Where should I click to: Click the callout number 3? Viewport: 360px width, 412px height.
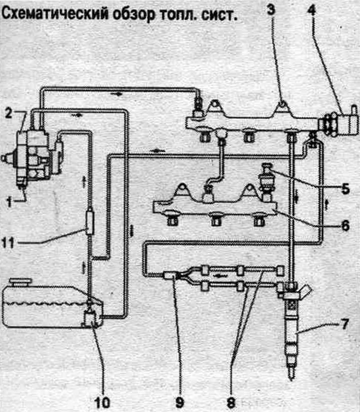pyautogui.click(x=271, y=9)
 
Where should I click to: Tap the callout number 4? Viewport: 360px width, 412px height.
pyautogui.click(x=311, y=9)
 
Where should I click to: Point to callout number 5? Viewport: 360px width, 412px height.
pyautogui.click(x=345, y=188)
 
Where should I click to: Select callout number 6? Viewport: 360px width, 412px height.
pyautogui.click(x=345, y=225)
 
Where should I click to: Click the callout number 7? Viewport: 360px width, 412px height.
pyautogui.click(x=344, y=324)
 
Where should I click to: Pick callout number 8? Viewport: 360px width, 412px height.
pyautogui.click(x=231, y=402)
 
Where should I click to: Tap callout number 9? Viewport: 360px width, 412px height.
pyautogui.click(x=180, y=402)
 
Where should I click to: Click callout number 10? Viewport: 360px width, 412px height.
pyautogui.click(x=102, y=402)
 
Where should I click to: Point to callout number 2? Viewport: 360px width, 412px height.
pyautogui.click(x=8, y=114)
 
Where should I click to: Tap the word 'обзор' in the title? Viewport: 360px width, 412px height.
pyautogui.click(x=134, y=14)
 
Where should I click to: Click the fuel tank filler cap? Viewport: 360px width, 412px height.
pyautogui.click(x=20, y=283)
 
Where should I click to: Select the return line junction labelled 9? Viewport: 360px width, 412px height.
pyautogui.click(x=170, y=275)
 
